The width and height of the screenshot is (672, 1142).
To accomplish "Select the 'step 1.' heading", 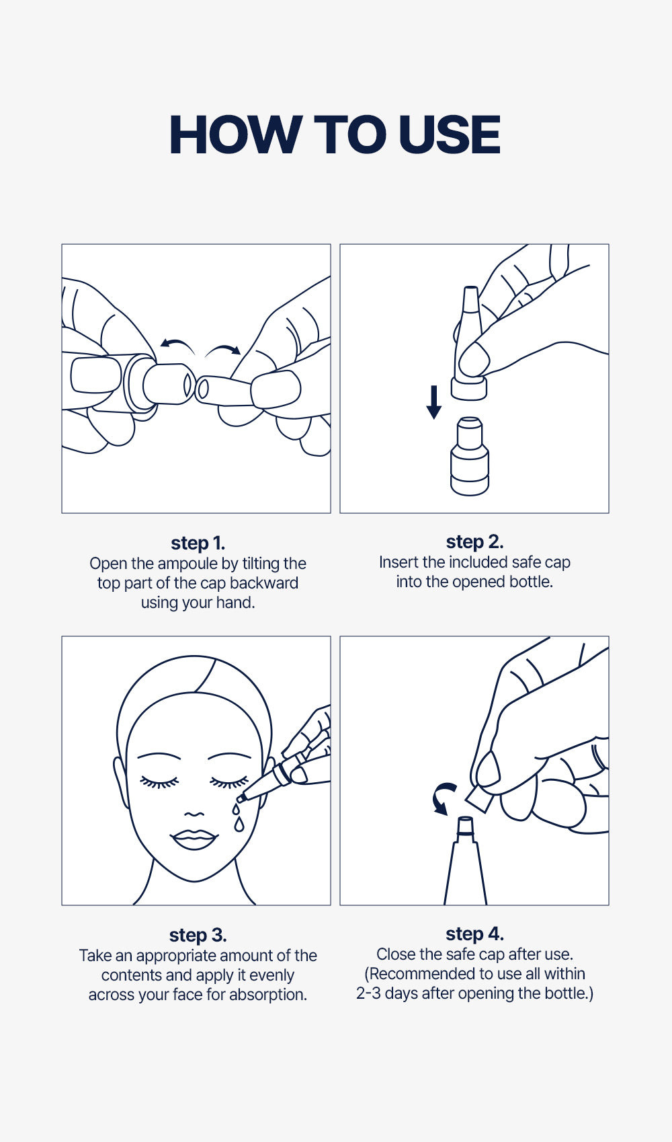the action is click(x=198, y=543).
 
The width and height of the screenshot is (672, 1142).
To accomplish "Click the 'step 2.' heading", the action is click(x=475, y=542).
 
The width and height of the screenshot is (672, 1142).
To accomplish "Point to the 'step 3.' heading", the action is click(x=198, y=936).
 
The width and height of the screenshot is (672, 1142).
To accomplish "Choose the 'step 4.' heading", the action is click(x=475, y=934).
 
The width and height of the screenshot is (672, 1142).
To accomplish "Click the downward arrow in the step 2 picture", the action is click(x=434, y=402).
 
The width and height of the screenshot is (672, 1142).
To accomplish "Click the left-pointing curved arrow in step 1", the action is click(x=177, y=342).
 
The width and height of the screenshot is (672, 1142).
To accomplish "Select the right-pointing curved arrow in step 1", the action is click(x=223, y=348).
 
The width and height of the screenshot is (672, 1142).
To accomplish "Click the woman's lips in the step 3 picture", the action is click(x=194, y=839).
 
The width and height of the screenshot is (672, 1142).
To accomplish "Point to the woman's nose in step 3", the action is click(x=194, y=814).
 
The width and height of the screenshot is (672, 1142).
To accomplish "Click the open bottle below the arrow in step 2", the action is click(x=470, y=456).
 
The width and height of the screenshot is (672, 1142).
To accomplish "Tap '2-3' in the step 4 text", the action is click(x=368, y=993).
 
